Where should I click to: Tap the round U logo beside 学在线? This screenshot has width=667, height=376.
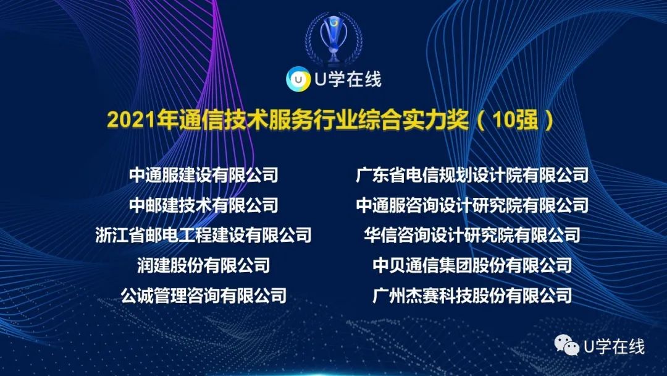pos(297,80)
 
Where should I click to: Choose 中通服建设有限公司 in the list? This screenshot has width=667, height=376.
pos(204,175)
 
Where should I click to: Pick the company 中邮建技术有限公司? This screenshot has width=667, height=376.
pos(204,205)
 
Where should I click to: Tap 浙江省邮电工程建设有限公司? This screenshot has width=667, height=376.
pos(204,235)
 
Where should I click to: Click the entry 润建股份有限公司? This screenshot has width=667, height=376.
pos(204,265)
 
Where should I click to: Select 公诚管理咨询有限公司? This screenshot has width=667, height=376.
pos(204,296)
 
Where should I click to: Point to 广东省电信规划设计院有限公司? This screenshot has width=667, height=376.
pos(472,175)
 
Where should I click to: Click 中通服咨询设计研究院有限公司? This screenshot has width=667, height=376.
pos(472,205)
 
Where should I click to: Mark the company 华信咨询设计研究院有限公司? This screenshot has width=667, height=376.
pos(472,235)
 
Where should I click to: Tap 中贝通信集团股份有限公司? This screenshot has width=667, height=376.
pos(472,265)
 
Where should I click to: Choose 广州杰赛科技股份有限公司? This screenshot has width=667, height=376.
pos(472,296)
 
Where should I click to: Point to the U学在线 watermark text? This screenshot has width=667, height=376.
pos(614,347)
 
